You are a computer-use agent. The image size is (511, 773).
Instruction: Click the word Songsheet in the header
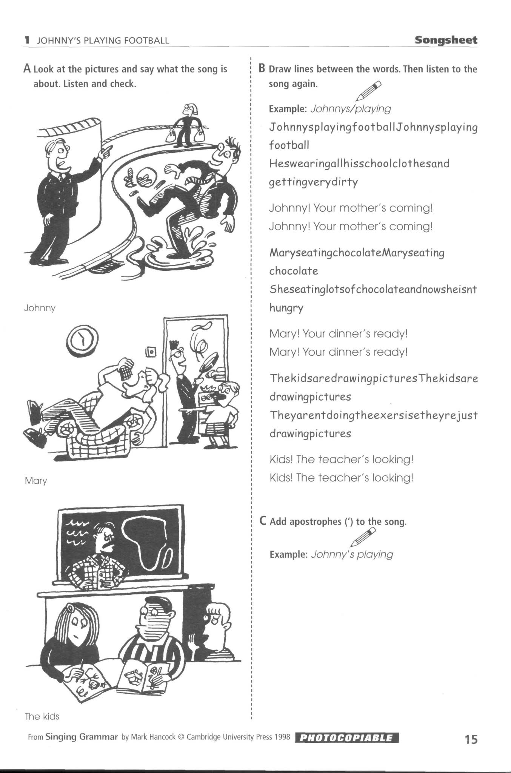point(446,40)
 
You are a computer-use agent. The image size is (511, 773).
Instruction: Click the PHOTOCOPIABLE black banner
point(347,738)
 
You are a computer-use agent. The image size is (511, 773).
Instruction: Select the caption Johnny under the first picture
point(40,308)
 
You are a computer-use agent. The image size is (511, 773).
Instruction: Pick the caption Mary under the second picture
point(36,481)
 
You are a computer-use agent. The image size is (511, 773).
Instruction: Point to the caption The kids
point(42,716)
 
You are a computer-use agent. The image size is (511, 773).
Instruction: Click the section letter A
point(27,69)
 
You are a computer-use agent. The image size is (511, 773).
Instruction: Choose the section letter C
point(263,521)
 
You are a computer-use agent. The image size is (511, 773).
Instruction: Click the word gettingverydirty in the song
point(313,182)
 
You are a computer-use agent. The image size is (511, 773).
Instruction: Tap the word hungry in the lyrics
point(286,308)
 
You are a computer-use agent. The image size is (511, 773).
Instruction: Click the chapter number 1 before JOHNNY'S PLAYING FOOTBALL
point(26,40)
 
